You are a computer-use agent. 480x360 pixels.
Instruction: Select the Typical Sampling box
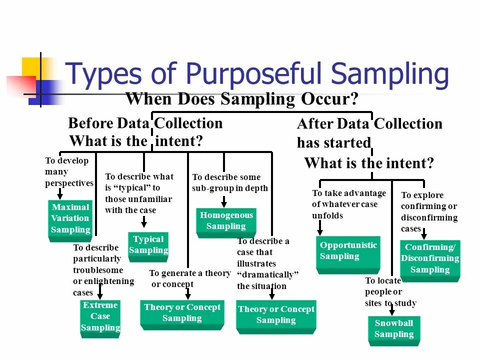click(x=148, y=245)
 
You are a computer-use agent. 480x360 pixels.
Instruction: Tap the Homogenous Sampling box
click(x=226, y=221)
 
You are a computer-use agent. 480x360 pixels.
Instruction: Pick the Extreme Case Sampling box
click(x=100, y=317)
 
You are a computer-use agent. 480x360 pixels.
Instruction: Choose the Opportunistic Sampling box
click(x=348, y=251)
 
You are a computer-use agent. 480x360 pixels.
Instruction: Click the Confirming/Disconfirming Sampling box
click(x=430, y=259)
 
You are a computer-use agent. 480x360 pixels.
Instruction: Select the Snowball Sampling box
click(x=394, y=329)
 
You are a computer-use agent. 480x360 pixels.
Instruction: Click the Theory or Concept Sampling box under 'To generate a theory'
click(x=182, y=313)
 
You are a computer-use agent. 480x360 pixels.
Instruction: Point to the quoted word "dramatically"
click(x=268, y=275)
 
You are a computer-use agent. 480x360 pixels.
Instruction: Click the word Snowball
click(x=394, y=323)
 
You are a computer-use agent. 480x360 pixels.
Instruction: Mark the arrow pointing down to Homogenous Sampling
click(x=224, y=201)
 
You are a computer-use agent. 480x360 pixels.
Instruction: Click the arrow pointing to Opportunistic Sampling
click(x=320, y=227)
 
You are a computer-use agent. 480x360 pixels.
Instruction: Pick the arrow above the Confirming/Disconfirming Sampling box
click(x=424, y=232)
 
